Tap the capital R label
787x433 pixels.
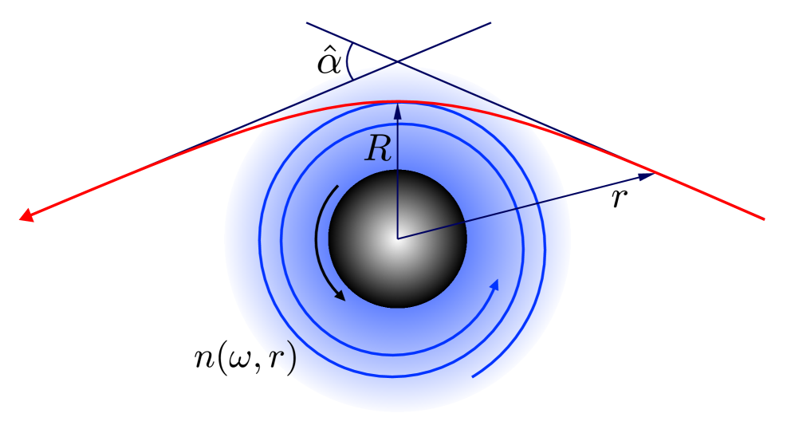click(378, 149)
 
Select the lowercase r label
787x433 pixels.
click(618, 199)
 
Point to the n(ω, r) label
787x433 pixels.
click(245, 360)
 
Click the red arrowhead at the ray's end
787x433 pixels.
click(26, 215)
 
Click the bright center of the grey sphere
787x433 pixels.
click(397, 237)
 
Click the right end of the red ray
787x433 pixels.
click(764, 218)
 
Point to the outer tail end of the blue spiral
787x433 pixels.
click(473, 376)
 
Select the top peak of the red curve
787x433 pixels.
click(397, 101)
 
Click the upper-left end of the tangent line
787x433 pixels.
click(308, 23)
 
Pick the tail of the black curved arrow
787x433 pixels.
click(338, 187)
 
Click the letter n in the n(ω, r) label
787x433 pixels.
click(205, 360)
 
